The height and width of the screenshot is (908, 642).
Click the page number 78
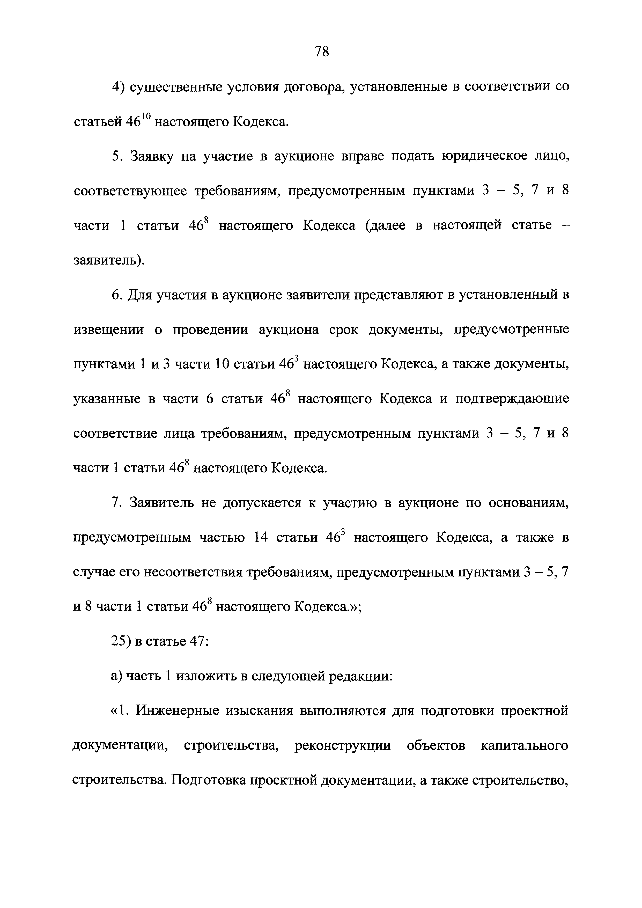321,52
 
